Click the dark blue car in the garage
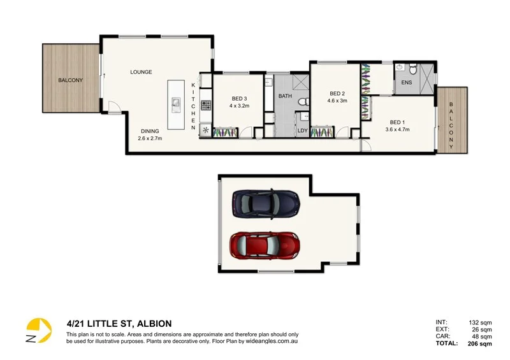point(265,203)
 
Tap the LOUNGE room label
point(141,72)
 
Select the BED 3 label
point(239,99)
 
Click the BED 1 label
point(397,122)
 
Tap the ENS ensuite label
point(405,82)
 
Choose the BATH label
point(285,96)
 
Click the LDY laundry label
point(302,131)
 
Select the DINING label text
point(151,131)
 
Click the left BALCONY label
point(70,80)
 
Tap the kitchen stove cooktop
point(205,104)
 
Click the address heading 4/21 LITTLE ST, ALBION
point(119,323)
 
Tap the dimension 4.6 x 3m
point(337,101)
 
